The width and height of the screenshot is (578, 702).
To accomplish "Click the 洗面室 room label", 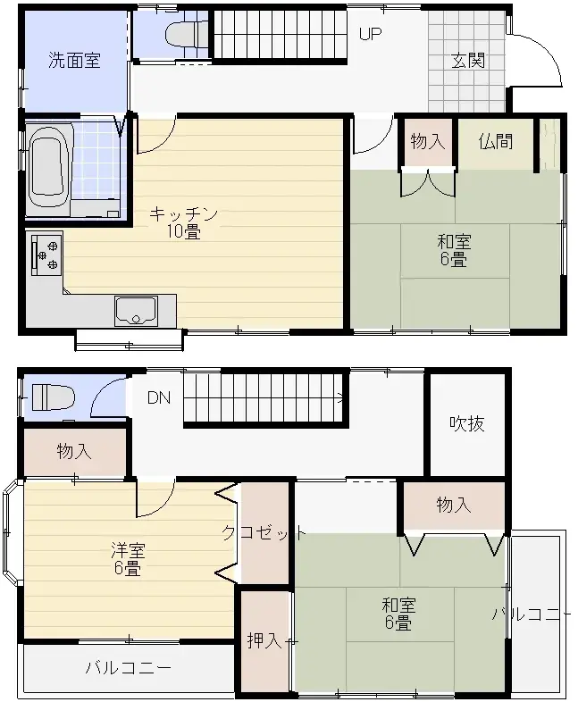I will (74, 61).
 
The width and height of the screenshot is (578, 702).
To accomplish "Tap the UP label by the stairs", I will (370, 35).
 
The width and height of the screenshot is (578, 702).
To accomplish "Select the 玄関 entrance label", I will (467, 61).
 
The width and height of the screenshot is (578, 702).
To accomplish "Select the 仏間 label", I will (495, 141).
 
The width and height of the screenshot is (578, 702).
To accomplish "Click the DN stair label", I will (159, 397).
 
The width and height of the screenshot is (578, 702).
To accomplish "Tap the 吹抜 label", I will (467, 423).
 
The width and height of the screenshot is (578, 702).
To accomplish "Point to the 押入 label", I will (264, 640).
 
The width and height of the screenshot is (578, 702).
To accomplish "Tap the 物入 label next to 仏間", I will (427, 141).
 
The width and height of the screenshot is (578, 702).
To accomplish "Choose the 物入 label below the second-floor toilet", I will (74, 451).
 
